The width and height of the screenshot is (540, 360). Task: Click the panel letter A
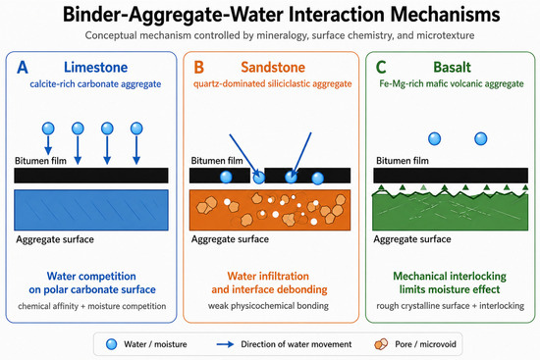coord(23,67)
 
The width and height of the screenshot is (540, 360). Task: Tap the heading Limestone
coord(96,67)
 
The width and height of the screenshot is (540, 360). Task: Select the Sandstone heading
coord(273,67)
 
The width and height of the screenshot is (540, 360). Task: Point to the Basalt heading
coord(452,67)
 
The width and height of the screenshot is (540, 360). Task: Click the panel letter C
coord(381,67)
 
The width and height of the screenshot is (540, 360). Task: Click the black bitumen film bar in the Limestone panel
coord(91,176)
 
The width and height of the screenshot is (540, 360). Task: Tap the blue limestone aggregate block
coord(91,210)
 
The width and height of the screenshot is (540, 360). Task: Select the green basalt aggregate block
coord(450,212)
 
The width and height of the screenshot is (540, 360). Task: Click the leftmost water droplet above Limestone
coord(48,129)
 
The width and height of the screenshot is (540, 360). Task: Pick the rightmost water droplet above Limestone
coord(136,129)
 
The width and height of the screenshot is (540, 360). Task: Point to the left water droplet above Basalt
coord(434,139)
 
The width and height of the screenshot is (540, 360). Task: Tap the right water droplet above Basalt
coord(481,139)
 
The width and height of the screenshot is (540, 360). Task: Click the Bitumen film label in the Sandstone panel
coord(217,161)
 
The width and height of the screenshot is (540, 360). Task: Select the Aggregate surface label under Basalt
coord(412,238)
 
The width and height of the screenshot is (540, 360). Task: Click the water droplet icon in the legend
coord(112,344)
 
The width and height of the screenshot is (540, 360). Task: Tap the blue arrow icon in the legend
coord(225,344)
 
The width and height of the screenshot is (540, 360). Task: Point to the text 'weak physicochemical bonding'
coord(268,306)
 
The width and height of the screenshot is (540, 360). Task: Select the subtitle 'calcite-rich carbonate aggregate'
coord(95,84)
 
